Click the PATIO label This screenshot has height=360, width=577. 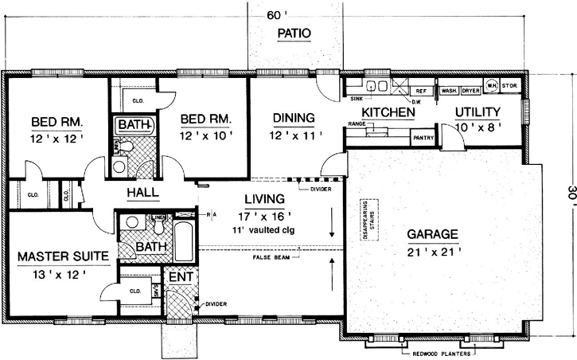293,33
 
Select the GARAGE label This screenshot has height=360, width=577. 432,235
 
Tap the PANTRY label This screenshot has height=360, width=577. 421,138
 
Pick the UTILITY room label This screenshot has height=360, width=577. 478,112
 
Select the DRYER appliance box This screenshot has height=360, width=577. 471,91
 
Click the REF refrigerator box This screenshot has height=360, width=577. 422,91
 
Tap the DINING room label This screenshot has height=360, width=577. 294,118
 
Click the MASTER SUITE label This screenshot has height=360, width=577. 53,258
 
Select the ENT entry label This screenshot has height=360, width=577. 179,276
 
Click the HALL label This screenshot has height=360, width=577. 142,193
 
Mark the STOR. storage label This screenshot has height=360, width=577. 510,86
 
